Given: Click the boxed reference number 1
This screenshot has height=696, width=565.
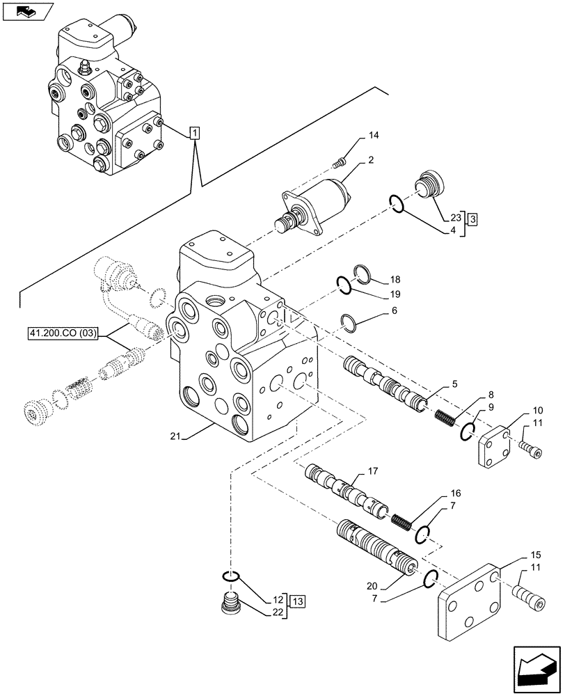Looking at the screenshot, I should click(195, 132).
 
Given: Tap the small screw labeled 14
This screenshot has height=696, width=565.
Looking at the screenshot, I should click(340, 163).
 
